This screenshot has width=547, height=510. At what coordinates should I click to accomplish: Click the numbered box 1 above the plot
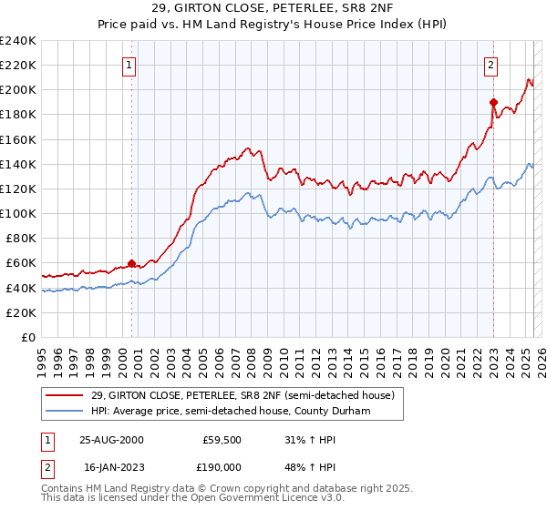(x=129, y=65)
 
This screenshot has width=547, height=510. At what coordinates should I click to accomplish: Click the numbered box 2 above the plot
(x=491, y=65)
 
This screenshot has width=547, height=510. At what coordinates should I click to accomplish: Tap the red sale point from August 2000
(x=132, y=263)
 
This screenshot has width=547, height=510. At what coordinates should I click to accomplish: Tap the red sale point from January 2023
(x=493, y=102)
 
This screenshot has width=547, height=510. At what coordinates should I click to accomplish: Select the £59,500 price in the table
(x=222, y=440)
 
